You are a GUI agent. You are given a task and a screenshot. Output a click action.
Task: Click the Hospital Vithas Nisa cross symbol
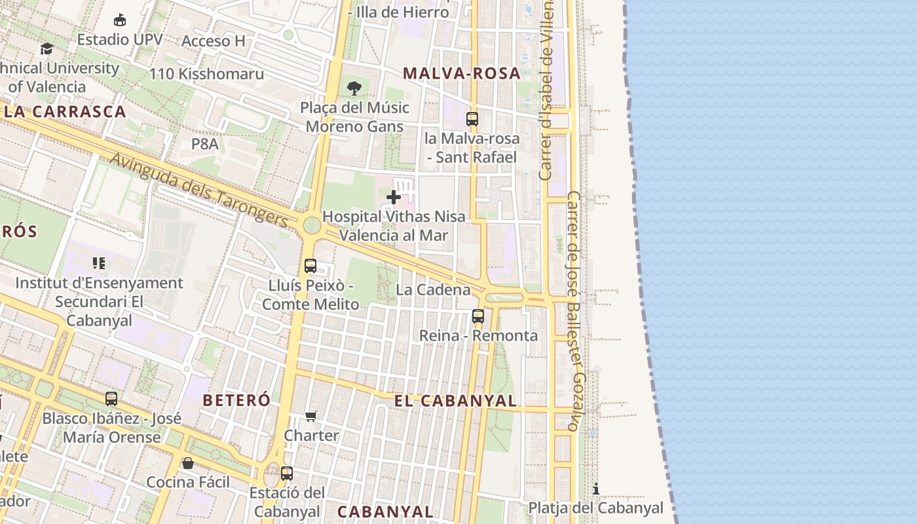click(x=394, y=196)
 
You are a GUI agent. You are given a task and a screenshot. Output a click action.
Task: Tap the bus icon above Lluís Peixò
click(x=310, y=266)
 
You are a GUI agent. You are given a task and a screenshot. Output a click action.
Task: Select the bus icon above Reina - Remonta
click(x=478, y=316)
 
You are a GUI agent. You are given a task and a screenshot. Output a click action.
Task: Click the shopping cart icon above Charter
click(x=311, y=416)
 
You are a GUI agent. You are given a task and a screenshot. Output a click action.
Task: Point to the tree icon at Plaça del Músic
click(x=354, y=88)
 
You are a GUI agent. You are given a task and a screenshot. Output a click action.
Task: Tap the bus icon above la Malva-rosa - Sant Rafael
click(x=472, y=119)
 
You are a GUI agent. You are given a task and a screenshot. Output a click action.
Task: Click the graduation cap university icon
click(x=47, y=48)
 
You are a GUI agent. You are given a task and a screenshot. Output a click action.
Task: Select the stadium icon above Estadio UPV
click(x=120, y=20)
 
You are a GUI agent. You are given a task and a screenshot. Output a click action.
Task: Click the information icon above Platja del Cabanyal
click(x=596, y=489)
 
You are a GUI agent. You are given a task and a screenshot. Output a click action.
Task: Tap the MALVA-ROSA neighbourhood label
click(x=462, y=73)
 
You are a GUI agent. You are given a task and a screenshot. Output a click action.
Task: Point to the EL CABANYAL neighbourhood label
click(x=455, y=401)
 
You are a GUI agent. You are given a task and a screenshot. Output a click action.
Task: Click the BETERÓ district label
click(x=236, y=400)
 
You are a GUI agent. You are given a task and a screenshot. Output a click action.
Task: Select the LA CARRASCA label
click(x=64, y=111)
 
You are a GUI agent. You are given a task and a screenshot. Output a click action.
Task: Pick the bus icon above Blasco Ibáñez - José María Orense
click(x=111, y=398)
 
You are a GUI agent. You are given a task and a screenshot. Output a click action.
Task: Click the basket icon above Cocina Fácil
click(x=188, y=463)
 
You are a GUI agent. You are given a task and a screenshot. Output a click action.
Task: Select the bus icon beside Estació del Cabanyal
click(x=287, y=473)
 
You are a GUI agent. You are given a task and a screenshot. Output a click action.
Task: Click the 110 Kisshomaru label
click(x=206, y=74)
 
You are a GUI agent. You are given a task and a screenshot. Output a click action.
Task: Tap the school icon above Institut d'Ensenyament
click(x=99, y=263)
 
